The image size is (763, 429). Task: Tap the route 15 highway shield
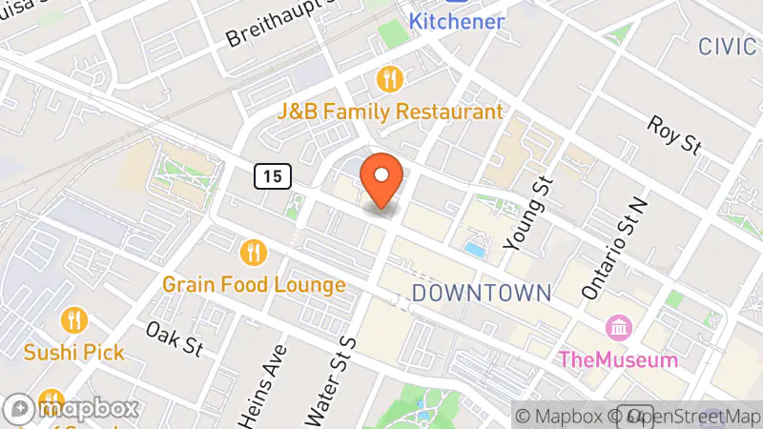pos(272,174)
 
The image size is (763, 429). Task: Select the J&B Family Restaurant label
pos(389,112)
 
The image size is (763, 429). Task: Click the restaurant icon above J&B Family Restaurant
pos(390,77)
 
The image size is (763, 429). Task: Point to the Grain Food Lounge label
pos(254,284)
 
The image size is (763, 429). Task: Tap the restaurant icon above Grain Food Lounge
pos(253,253)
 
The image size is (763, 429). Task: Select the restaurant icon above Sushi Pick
pos(73,319)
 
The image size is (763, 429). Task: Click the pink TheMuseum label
pos(618,359)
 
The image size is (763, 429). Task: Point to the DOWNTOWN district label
pos(482,292)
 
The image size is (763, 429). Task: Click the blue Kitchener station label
pos(457,20)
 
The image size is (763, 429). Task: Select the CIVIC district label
pos(730,46)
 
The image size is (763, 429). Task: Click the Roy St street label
pos(673,135)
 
